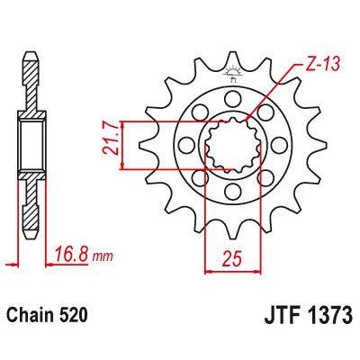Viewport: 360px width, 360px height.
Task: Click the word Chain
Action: pyautogui.click(x=33, y=317)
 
